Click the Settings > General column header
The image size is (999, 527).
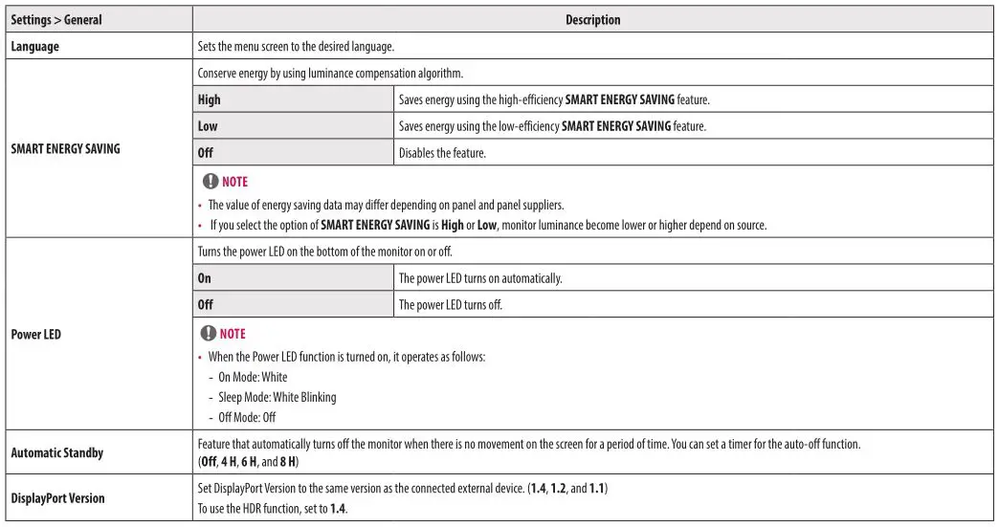[56, 19]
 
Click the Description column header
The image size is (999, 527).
[592, 19]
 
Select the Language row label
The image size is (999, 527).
[34, 46]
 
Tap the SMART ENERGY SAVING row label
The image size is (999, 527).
[65, 148]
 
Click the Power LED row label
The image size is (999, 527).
[35, 335]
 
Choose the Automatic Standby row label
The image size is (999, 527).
[56, 452]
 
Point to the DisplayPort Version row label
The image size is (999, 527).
[57, 498]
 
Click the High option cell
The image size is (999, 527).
[209, 99]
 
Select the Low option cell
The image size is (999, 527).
[208, 125]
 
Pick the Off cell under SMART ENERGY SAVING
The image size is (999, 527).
[205, 152]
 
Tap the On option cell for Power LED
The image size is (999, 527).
[204, 278]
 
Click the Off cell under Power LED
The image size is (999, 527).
[205, 305]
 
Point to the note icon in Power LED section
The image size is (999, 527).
[207, 333]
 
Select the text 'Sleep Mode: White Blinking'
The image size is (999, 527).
[277, 397]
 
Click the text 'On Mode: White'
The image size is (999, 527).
[253, 377]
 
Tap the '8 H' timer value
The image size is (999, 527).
[288, 462]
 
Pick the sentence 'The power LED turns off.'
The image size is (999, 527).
[450, 305]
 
